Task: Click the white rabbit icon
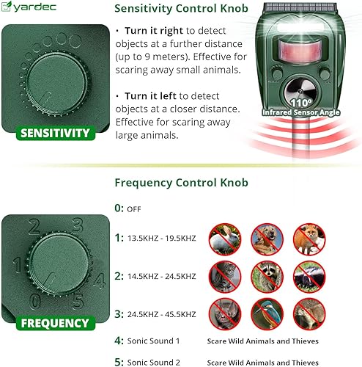tap(225, 239)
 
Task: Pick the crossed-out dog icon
tap(267, 239)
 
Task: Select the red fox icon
tap(308, 239)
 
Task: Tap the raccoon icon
tap(267, 277)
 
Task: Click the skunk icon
tap(308, 277)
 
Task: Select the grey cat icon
tap(225, 277)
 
